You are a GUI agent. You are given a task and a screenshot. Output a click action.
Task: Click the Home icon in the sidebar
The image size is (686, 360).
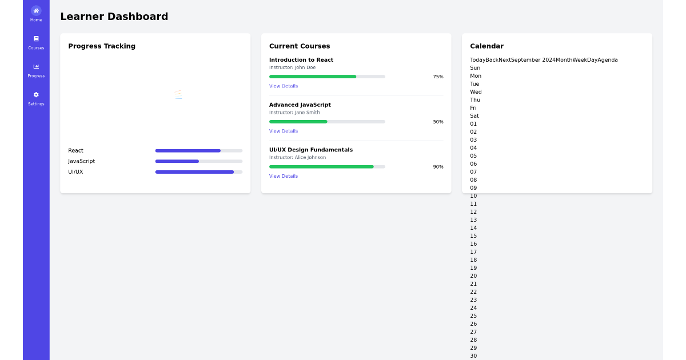click(x=36, y=11)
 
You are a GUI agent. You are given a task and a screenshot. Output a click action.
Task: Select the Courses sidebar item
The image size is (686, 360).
click(x=36, y=42)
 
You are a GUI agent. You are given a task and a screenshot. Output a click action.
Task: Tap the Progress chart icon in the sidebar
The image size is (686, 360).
click(x=36, y=66)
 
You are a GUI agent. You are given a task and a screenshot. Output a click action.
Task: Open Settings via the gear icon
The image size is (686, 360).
click(x=36, y=95)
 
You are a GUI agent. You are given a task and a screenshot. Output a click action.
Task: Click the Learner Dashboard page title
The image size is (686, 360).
click(x=114, y=16)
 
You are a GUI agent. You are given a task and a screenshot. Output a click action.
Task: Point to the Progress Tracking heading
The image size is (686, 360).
click(x=102, y=46)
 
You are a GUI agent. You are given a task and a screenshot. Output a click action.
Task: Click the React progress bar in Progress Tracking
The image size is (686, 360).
click(x=199, y=151)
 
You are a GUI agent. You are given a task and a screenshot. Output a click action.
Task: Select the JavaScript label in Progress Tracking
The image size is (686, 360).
click(x=81, y=161)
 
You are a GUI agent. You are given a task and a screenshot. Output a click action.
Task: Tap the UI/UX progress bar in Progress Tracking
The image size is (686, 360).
click(x=199, y=172)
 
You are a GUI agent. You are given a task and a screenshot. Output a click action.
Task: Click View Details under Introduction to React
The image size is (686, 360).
click(x=284, y=86)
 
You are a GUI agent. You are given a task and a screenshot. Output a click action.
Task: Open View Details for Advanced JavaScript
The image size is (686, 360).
click(x=284, y=131)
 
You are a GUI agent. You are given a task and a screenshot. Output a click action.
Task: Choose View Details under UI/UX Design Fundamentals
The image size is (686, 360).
click(x=284, y=176)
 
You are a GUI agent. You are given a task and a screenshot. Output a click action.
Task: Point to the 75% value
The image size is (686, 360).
click(x=438, y=77)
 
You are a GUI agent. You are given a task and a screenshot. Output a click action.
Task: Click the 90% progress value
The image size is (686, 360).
click(x=438, y=167)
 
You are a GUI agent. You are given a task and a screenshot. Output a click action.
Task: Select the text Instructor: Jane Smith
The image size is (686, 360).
click(x=294, y=113)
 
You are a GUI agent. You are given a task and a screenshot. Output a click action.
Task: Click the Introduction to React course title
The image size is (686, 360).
click(x=301, y=59)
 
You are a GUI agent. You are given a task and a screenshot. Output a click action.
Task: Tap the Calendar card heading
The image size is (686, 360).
click(x=486, y=46)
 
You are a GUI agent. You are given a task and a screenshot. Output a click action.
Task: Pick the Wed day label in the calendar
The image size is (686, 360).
click(x=476, y=92)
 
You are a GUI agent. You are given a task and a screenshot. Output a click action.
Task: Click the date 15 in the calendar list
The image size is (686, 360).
click(x=473, y=235)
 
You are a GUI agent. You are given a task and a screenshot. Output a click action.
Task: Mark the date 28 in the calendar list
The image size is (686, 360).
click(x=473, y=340)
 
